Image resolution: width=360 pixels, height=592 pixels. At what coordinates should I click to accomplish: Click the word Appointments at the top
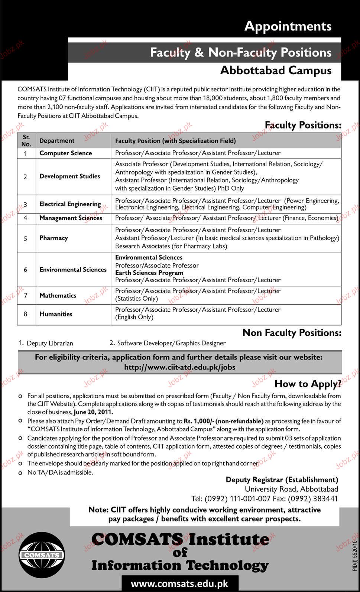click(x=288, y=26)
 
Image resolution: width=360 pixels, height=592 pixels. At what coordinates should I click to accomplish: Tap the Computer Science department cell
click(x=65, y=153)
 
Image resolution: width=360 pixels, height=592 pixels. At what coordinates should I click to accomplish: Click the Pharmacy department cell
click(x=53, y=238)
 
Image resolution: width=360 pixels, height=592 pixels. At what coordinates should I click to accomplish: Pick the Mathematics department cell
click(x=58, y=296)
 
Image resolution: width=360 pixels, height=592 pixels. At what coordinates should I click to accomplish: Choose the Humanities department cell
click(x=56, y=314)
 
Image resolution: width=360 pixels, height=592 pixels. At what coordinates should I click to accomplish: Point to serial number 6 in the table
click(x=25, y=270)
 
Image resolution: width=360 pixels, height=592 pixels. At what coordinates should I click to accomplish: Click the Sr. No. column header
click(x=26, y=141)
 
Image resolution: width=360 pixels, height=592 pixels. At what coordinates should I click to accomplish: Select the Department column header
click(x=57, y=141)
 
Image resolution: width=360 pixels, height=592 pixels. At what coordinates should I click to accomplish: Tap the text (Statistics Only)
click(x=136, y=299)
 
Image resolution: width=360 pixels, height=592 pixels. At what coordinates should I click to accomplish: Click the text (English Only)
click(x=134, y=317)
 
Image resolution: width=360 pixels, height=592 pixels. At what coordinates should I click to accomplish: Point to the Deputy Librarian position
click(x=50, y=344)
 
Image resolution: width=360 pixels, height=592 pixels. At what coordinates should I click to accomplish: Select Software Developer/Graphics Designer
click(x=171, y=343)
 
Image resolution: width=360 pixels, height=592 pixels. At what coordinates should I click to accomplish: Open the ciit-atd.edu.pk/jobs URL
click(x=179, y=367)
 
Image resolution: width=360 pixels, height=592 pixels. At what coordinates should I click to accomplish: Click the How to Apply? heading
click(x=308, y=384)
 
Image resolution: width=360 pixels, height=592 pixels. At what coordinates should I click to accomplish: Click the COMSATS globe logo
click(x=42, y=555)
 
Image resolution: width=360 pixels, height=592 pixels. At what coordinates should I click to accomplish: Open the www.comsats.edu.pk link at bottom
click(x=179, y=584)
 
